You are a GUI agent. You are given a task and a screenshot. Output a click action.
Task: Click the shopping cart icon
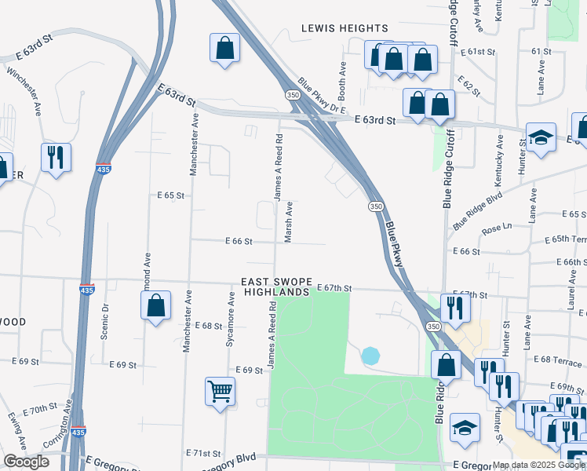221,390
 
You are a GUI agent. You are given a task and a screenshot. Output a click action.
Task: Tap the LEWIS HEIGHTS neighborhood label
345,28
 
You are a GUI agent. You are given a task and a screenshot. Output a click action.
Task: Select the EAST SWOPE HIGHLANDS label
275,287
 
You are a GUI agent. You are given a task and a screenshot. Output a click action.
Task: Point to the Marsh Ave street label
289,222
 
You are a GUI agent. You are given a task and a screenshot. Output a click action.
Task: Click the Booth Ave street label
342,77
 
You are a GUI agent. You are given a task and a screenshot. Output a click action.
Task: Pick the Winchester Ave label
26,91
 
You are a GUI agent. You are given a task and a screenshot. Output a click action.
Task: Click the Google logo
27,462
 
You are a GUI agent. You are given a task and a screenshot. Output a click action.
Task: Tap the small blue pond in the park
370,356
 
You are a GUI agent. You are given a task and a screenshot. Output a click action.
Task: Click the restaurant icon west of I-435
56,157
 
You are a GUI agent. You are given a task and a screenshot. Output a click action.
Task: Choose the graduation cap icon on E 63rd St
541,137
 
